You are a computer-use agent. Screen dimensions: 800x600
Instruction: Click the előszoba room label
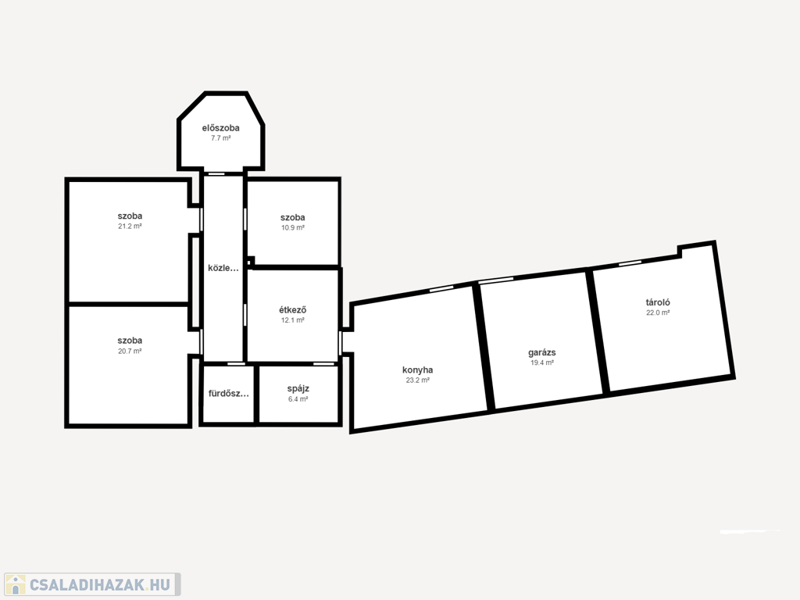[x=220, y=128]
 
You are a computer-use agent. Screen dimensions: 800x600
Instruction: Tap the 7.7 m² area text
[x=220, y=138]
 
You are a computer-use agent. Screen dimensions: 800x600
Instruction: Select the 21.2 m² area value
[x=130, y=226]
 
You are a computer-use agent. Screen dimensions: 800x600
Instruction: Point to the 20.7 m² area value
[x=130, y=351]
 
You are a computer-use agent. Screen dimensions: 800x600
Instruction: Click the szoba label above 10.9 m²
[x=292, y=217]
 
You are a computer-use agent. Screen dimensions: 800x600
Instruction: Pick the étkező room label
[x=292, y=309]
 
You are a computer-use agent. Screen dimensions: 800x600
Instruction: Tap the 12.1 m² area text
[x=292, y=320]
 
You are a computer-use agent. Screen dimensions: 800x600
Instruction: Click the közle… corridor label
[x=223, y=268]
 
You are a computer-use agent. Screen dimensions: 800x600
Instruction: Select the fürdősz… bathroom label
[x=229, y=394]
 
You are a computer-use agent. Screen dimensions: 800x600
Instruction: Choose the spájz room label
[x=298, y=389]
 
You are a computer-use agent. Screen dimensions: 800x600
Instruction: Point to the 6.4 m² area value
[x=298, y=399]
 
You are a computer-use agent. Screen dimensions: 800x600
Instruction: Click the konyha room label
[x=417, y=370]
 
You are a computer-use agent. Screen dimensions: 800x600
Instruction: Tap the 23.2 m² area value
[x=417, y=380]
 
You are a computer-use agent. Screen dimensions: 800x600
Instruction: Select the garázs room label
[x=542, y=352]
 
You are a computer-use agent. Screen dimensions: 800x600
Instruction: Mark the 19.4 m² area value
[x=542, y=362]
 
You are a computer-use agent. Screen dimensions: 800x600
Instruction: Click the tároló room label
[x=658, y=302]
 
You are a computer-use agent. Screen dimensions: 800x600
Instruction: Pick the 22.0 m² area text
[x=658, y=312]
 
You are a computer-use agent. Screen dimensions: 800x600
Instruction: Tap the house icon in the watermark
[x=16, y=584]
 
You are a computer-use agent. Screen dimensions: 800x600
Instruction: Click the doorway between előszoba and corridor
[x=217, y=173]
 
